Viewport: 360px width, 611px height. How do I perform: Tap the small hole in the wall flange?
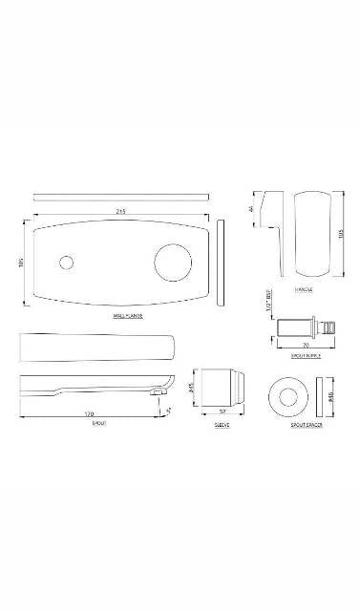67,263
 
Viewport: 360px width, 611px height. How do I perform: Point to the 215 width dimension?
121,210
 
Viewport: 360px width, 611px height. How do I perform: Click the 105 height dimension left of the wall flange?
20,263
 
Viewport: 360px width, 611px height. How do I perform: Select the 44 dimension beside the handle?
252,207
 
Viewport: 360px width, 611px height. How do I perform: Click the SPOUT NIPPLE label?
305,353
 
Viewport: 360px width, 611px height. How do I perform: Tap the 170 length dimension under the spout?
89,414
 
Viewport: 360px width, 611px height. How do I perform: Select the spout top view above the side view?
95,346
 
